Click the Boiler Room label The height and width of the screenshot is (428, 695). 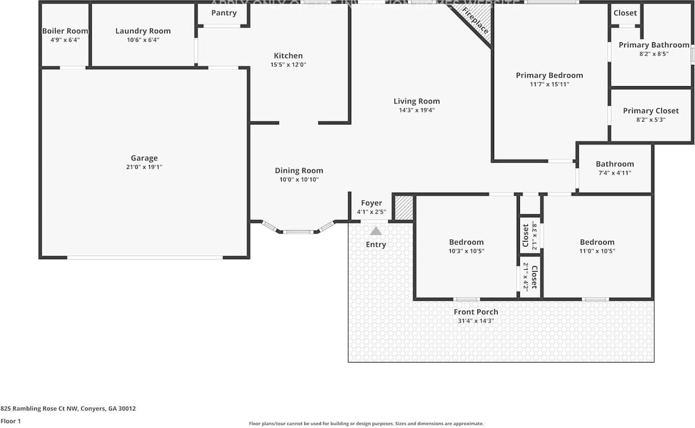click(65, 31)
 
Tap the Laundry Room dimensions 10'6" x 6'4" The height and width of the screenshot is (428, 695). click(143, 40)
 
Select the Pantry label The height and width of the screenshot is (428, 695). click(224, 13)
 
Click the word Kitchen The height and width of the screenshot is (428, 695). click(288, 55)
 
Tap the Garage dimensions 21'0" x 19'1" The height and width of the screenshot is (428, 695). click(144, 167)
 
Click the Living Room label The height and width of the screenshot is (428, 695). click(416, 101)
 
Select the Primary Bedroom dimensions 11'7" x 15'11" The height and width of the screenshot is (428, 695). click(549, 84)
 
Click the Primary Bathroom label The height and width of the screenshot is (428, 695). click(654, 45)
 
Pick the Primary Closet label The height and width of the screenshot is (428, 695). click(650, 111)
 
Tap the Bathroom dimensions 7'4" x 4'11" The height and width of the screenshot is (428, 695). click(615, 173)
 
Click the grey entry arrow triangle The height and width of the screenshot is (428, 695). click(376, 231)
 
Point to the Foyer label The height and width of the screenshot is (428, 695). click(371, 203)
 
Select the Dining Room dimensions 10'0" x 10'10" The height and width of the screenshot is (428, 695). click(299, 180)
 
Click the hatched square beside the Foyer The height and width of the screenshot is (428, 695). click(403, 208)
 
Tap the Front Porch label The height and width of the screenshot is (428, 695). click(476, 312)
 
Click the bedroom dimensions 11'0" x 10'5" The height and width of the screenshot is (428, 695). click(597, 251)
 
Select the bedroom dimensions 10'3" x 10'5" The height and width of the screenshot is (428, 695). click(466, 251)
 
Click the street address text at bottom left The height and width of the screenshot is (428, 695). click(68, 408)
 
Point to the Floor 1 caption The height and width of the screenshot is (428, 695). click(10, 421)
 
